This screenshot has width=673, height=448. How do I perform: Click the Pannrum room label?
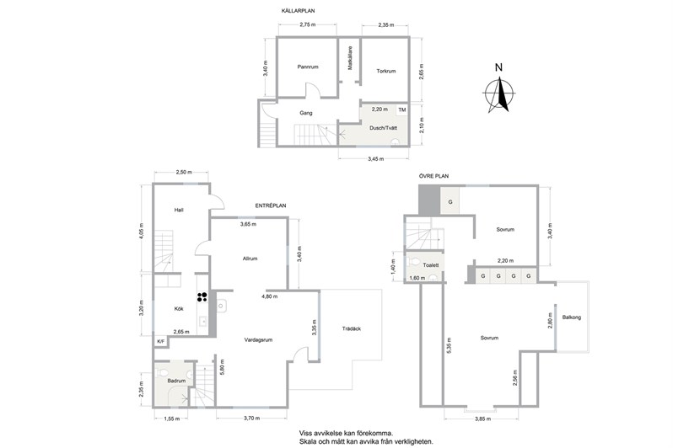(x=308, y=67)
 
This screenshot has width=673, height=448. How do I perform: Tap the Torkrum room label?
(x=386, y=72)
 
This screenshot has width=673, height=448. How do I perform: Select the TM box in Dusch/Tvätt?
(x=401, y=110)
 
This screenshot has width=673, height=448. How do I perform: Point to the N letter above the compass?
(x=498, y=67)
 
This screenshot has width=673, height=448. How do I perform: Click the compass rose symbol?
(x=499, y=94)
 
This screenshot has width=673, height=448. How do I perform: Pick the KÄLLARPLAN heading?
(x=297, y=11)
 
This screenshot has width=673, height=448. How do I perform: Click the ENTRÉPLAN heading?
(x=271, y=205)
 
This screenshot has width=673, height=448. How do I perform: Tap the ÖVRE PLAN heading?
(x=434, y=176)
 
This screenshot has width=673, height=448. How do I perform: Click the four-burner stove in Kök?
(x=202, y=297)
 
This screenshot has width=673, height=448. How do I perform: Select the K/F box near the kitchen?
(x=161, y=342)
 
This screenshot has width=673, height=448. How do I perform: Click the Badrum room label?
(x=176, y=381)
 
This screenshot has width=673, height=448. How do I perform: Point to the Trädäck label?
(x=351, y=328)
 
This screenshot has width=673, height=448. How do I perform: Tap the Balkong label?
(x=571, y=317)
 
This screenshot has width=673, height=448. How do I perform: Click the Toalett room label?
(x=430, y=265)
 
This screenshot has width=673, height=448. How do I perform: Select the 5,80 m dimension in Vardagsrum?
(x=222, y=367)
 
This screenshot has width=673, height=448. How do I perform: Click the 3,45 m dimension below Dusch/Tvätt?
(x=375, y=159)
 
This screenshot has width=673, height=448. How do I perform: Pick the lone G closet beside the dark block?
(x=450, y=201)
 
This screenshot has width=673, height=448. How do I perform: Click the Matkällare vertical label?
(x=350, y=58)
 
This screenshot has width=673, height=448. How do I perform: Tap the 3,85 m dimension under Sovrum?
(x=482, y=419)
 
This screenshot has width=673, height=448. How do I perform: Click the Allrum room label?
(x=250, y=259)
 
